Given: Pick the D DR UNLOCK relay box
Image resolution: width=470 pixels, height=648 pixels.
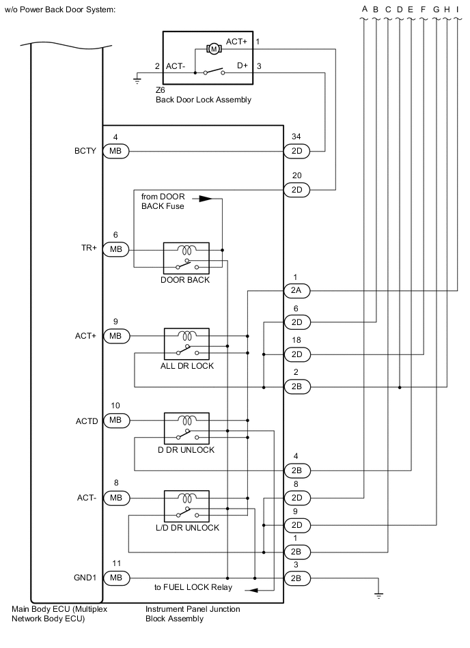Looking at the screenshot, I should [x=186, y=428].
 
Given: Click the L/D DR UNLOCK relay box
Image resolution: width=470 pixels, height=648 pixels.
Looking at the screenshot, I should [x=186, y=506].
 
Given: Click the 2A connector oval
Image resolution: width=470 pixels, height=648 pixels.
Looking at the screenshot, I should [x=296, y=291].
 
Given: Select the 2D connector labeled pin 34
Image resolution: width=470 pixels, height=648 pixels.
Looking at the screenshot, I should [x=296, y=151].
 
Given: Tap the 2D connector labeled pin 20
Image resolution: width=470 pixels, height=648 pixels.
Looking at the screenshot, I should [x=296, y=189].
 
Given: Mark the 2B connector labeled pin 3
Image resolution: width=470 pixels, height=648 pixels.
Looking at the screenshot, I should [x=296, y=578].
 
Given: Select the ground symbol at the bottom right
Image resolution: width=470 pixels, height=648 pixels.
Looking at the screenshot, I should [x=378, y=595].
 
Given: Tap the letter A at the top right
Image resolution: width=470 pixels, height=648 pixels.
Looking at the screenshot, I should [x=365, y=9].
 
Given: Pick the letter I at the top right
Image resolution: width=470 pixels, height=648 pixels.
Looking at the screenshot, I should [x=456, y=9].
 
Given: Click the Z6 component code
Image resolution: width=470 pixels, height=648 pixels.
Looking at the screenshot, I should [x=161, y=90].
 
